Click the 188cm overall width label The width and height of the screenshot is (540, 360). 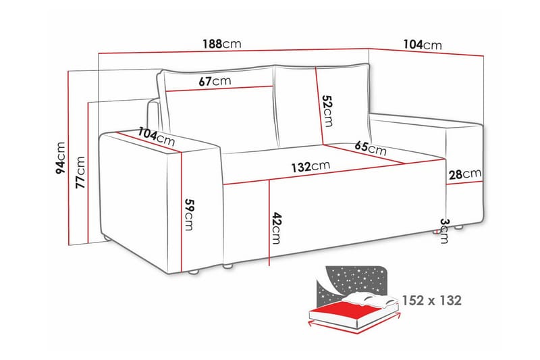[x=221, y=45]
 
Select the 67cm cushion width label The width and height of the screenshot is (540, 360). [x=215, y=81]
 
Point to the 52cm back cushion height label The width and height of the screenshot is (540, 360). [x=327, y=111]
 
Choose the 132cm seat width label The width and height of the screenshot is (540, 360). [x=310, y=166]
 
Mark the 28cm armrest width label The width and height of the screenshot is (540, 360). [x=464, y=174]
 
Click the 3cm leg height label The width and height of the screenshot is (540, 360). [x=443, y=230]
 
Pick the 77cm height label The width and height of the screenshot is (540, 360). [x=81, y=172]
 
